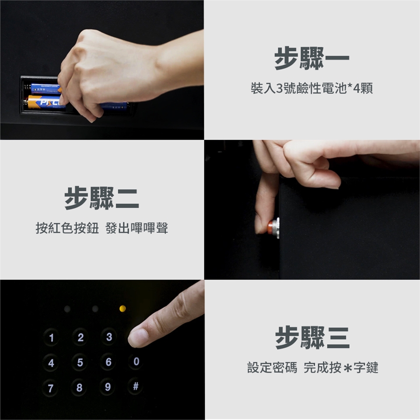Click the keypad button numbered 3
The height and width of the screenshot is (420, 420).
click(x=109, y=337)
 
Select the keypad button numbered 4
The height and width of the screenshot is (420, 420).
click(x=51, y=363)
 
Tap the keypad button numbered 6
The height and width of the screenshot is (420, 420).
click(x=108, y=362)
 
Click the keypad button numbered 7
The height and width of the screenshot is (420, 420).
click(x=50, y=388)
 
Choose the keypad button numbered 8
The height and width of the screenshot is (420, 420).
click(x=79, y=387)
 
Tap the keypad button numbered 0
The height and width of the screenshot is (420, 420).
click(x=136, y=361)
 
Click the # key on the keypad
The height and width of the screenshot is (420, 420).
click(x=136, y=386)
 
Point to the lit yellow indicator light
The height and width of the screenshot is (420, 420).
click(x=122, y=308)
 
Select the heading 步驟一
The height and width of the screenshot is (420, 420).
click(x=312, y=58)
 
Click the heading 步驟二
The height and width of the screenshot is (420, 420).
click(x=101, y=198)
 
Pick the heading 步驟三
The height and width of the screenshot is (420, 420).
click(x=312, y=337)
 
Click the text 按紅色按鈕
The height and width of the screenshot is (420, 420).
click(x=67, y=228)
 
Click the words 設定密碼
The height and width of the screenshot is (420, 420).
click(x=272, y=367)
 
